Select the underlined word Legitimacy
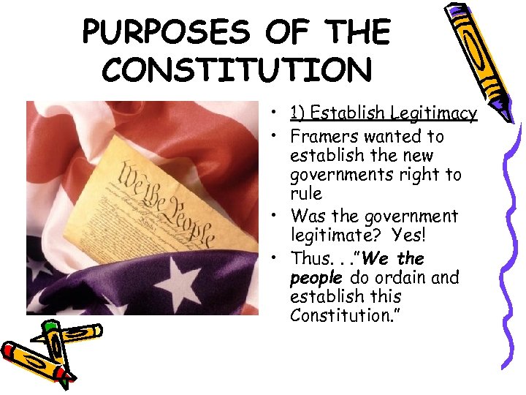(433, 113)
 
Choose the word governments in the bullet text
(338, 175)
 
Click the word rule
(305, 194)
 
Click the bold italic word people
(316, 278)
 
